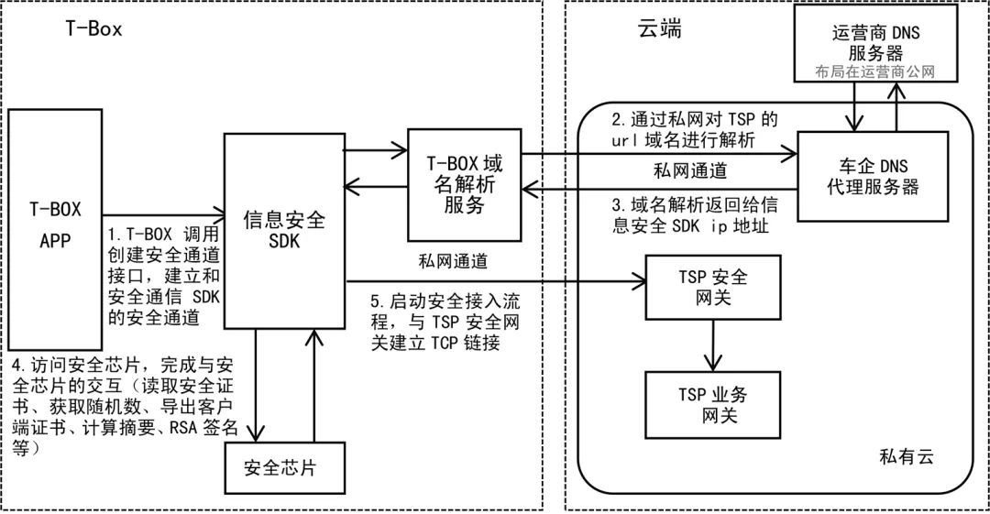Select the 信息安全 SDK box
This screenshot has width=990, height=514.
[283, 232]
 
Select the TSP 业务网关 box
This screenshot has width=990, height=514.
[711, 404]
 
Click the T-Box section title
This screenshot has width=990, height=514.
[93, 28]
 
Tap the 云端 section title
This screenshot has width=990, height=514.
[658, 29]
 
